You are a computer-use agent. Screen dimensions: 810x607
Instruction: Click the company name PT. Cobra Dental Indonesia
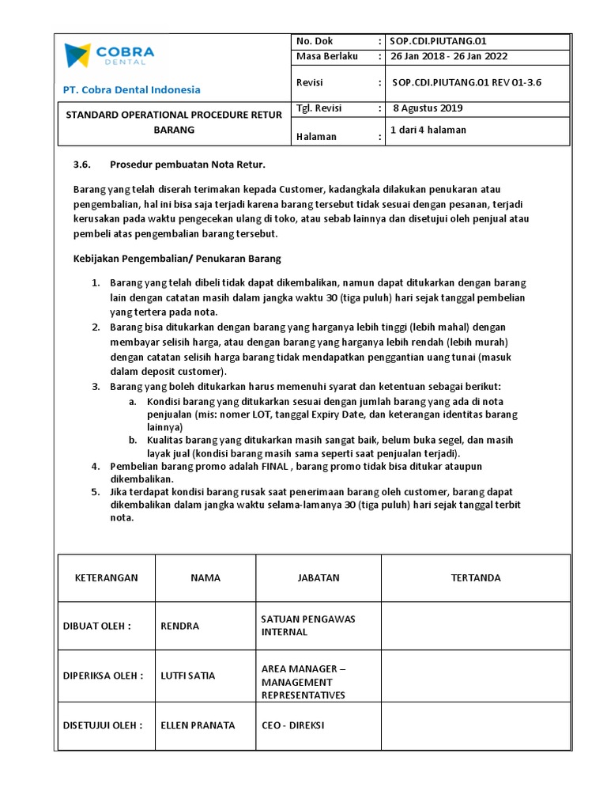tap(131, 89)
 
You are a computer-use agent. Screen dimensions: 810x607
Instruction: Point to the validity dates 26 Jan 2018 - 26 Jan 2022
tap(447, 56)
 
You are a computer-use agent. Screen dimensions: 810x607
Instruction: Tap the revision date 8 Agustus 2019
tap(428, 108)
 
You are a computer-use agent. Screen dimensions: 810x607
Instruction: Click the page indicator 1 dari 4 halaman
tap(428, 130)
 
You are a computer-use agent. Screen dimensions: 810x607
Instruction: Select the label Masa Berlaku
tap(326, 56)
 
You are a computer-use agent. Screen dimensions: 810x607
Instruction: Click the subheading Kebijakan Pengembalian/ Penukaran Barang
tap(177, 259)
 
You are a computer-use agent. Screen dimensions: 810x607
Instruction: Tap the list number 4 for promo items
tap(95, 467)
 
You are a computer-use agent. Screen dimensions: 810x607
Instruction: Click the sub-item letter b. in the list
tap(132, 440)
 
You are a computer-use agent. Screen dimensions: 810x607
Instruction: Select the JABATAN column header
tap(319, 577)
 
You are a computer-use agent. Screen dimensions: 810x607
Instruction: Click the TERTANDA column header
tap(475, 577)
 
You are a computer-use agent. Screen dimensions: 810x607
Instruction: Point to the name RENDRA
tap(179, 626)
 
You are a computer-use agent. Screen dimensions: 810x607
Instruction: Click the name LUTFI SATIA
tap(187, 676)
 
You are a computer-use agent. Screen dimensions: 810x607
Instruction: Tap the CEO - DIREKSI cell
tap(293, 725)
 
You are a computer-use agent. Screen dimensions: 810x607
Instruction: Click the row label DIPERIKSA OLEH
tap(103, 676)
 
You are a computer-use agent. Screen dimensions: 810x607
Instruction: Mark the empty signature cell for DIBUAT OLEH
tap(475, 626)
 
